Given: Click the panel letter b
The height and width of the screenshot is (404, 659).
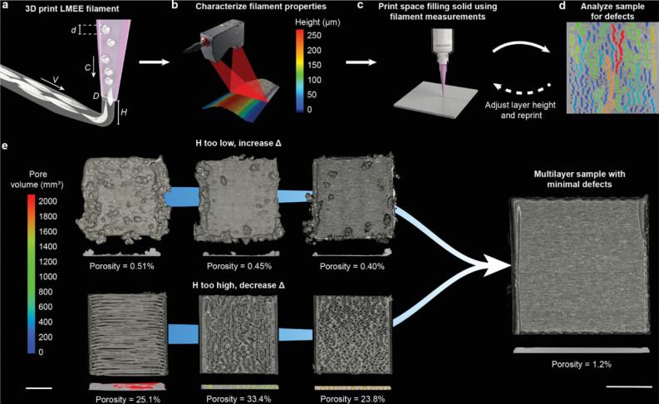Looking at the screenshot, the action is pos(175,6).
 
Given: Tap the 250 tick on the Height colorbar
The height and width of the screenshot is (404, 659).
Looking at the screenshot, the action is pos(314,35).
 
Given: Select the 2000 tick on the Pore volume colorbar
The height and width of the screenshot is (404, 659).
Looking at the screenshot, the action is pos(47,201).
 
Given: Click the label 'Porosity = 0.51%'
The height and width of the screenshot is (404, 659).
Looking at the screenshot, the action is pos(121,266).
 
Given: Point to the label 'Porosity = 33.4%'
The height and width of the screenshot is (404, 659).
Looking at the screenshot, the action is pos(239,398).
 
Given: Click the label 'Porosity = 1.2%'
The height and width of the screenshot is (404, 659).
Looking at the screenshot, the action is pos(581,364).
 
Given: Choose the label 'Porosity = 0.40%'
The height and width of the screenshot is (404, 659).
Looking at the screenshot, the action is pos(352,266).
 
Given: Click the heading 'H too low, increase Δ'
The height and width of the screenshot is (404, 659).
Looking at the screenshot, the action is pos(239,143).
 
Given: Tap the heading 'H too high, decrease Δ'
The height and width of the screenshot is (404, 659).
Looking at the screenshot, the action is pos(239,285).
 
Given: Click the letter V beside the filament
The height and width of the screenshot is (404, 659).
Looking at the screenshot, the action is pos(56,80).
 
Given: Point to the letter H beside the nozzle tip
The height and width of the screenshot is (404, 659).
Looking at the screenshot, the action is pos(124,112).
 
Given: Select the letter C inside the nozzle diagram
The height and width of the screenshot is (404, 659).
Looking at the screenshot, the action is pos(87,67).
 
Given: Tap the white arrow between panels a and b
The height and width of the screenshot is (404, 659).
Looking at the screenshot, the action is pos(154,62).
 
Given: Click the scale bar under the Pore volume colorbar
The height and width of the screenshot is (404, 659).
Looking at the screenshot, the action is pos(39,388).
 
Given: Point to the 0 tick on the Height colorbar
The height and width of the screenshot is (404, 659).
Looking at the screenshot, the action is pos(310,109).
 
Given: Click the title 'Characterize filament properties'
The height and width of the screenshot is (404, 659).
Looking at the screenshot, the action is pos(261,7).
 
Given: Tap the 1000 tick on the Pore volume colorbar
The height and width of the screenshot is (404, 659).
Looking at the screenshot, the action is pos(47,277).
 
